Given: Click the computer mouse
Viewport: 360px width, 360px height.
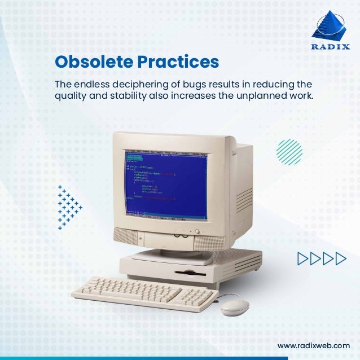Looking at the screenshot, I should click(x=234, y=307).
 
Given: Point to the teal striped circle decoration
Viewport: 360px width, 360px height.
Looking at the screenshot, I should click(x=289, y=151).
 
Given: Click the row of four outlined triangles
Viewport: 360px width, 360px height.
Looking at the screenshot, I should click(x=321, y=259).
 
